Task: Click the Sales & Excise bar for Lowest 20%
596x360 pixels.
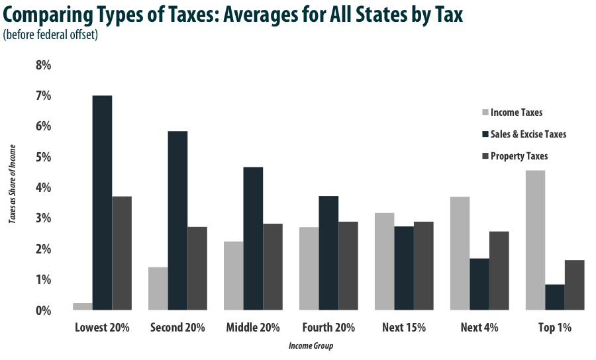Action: tap(102, 202)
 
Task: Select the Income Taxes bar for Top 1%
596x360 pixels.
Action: tap(536, 240)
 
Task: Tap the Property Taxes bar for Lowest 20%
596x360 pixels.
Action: tap(122, 253)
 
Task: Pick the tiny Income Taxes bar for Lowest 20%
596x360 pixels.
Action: tap(82, 306)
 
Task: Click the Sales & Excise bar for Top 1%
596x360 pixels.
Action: tap(555, 297)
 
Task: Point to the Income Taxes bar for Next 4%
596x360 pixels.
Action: tap(460, 253)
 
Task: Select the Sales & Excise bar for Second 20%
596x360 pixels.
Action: tap(177, 220)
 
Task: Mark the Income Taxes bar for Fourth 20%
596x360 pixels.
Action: tap(309, 268)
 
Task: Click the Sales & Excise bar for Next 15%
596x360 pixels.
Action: tap(404, 268)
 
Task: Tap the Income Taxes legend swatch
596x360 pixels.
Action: tap(484, 112)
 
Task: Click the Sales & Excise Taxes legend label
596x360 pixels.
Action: tap(528, 134)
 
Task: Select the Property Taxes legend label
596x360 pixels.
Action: tap(519, 156)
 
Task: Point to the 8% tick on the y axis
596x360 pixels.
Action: tap(42, 66)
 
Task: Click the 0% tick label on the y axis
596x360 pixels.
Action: tap(42, 310)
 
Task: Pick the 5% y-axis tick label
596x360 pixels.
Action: tap(42, 157)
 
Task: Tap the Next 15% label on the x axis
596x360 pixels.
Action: tap(404, 328)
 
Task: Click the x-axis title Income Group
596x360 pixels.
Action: tap(310, 346)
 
